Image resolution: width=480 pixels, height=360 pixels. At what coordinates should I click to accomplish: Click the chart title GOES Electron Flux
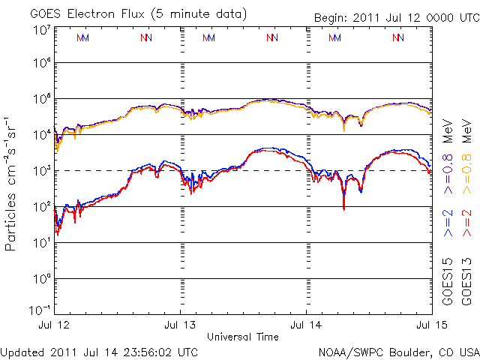(x=87, y=14)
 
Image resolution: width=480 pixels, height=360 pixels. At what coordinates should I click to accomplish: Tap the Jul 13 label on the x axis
(x=180, y=325)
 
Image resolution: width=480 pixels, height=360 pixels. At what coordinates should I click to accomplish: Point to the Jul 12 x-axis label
(x=54, y=325)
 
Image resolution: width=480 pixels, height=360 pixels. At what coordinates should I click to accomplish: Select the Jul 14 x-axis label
(x=306, y=325)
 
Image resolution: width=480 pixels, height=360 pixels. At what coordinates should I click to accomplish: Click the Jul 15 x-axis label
(x=432, y=325)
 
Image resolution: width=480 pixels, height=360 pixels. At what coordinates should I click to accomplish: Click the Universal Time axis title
(x=243, y=337)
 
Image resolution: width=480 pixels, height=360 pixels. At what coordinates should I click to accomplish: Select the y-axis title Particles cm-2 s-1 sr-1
(x=10, y=184)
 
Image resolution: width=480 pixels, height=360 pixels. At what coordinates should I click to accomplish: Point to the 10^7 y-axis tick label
(x=42, y=30)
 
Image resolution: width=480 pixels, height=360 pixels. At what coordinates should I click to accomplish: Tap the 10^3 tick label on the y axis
(x=42, y=171)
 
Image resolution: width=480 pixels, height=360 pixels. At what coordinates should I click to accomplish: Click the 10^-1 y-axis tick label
(x=40, y=310)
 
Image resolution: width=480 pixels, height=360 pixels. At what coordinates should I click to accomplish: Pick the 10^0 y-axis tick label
(x=42, y=279)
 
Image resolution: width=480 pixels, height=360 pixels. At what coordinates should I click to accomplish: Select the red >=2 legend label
(x=467, y=223)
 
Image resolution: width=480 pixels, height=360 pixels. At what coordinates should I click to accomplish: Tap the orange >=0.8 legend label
(x=467, y=174)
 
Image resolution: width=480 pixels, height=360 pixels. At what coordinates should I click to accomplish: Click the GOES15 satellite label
(x=448, y=282)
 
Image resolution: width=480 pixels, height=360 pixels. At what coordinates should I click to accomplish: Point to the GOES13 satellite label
(x=466, y=282)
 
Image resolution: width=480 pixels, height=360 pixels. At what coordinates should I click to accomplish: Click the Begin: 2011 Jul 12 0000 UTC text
(x=397, y=18)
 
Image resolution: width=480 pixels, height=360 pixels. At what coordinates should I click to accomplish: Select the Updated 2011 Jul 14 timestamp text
(x=99, y=352)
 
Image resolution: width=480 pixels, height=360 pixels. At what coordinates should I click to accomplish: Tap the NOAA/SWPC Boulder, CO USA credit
(x=399, y=352)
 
